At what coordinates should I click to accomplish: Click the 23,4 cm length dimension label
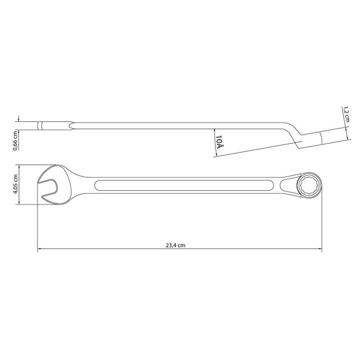[x=175, y=245]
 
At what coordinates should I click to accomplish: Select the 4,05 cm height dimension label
[x=15, y=184]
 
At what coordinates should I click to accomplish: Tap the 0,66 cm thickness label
[x=15, y=140]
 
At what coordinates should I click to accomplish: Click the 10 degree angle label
[x=219, y=141]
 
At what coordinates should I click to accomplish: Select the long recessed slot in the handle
[x=184, y=185]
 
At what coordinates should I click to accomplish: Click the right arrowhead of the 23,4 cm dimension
[x=320, y=248]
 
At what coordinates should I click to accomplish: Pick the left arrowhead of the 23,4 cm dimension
[x=40, y=248]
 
